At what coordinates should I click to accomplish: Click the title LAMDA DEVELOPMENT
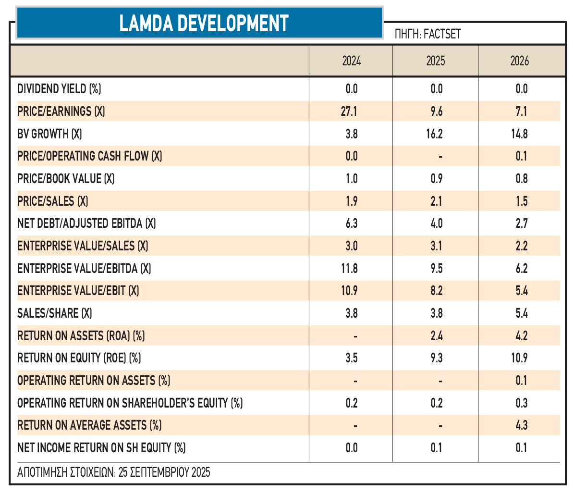pos(204,23)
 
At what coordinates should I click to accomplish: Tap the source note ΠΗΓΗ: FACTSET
pos(427,34)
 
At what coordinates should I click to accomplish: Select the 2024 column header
pos(352,61)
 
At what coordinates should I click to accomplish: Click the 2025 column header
pos(436,61)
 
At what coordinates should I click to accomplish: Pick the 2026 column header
pos(520,61)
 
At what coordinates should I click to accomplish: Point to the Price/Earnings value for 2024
pos(349,111)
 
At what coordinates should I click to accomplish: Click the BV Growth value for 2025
pos(435,134)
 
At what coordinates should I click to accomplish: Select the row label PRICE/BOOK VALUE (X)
pos(66,179)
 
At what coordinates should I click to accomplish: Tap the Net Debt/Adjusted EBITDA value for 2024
pos(352,223)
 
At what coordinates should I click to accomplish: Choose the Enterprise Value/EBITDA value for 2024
pos(349,269)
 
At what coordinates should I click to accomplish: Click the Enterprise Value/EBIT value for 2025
pos(437,291)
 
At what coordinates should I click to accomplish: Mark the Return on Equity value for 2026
pos(519,358)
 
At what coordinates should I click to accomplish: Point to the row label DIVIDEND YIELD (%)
pos(59,89)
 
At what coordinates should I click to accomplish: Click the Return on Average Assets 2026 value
pos(522,425)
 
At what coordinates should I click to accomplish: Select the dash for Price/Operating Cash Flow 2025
pos(440,157)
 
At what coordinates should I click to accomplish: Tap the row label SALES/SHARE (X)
pos(54,313)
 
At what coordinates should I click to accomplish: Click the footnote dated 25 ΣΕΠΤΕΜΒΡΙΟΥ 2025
pos(114,472)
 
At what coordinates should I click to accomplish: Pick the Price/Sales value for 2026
pos(522,201)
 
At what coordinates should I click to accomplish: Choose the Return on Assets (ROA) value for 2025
pos(437,335)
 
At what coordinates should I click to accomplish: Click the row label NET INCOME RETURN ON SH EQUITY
pos(101,448)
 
